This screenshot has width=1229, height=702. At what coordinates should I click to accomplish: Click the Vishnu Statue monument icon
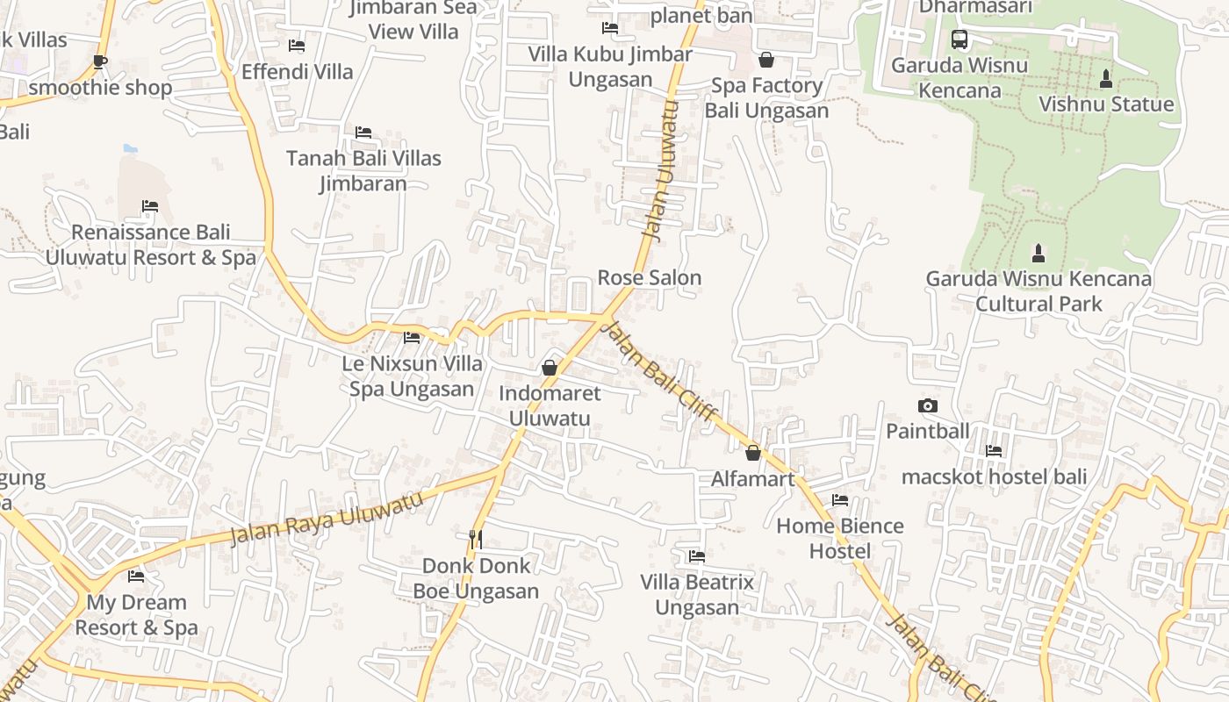pos(1106,79)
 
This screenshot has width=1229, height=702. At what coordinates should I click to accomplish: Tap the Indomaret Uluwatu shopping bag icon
pos(550,368)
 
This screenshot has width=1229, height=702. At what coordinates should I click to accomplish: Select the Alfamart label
pos(752,479)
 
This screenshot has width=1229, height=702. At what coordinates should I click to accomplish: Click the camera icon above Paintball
pos(927,405)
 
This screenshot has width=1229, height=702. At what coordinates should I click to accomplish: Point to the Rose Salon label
pos(650,278)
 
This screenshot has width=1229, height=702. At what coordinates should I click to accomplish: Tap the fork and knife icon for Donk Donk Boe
pos(476,539)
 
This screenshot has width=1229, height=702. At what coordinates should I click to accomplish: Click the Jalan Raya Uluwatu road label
pos(327,518)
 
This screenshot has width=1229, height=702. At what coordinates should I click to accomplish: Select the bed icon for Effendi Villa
pos(297,46)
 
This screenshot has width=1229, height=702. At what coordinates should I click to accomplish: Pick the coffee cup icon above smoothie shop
pos(99,61)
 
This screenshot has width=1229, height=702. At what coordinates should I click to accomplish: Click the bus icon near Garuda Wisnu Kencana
pos(959,39)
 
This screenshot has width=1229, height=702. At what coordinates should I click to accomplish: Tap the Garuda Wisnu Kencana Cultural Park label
pos(1039,291)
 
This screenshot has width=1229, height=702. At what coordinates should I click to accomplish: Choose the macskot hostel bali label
pos(994,477)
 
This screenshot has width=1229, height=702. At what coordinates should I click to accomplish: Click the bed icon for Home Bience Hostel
pos(840,500)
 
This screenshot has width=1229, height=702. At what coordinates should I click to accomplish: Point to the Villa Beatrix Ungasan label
pos(697,594)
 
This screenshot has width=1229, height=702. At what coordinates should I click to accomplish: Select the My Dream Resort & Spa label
pos(136,614)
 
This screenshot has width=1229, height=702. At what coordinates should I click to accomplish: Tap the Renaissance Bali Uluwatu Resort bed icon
pos(150,206)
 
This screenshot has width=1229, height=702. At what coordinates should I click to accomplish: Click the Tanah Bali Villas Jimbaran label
pos(363,170)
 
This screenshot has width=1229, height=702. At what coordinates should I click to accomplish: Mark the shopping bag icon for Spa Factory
pos(766,60)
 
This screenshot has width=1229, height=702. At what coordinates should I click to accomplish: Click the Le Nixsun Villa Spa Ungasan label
pos(412,376)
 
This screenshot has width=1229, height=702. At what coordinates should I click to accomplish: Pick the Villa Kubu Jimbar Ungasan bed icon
pos(610,28)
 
